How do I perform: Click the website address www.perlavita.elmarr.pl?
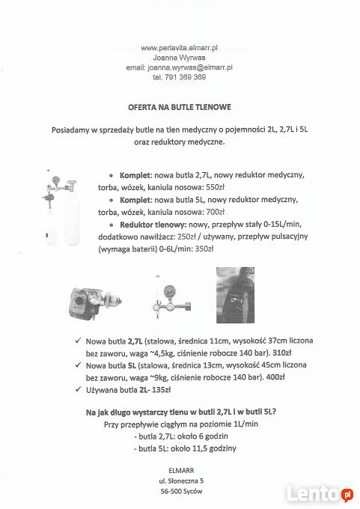tap(179, 48)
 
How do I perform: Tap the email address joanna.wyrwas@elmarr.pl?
tap(190, 67)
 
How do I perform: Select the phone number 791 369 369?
tap(185, 77)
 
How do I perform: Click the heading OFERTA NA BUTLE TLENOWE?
tap(180, 107)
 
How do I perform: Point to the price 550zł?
tap(216, 187)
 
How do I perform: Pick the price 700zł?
tap(216, 212)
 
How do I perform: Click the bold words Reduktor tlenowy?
tap(153, 225)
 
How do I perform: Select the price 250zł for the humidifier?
tap(186, 237)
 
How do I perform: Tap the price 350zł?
tap(204, 249)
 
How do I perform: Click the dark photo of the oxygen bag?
tap(235, 295)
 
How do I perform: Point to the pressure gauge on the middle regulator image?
tap(169, 290)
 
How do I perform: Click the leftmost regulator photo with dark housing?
tap(95, 303)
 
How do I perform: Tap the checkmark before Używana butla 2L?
tap(79, 389)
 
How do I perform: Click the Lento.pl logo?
tap(320, 494)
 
